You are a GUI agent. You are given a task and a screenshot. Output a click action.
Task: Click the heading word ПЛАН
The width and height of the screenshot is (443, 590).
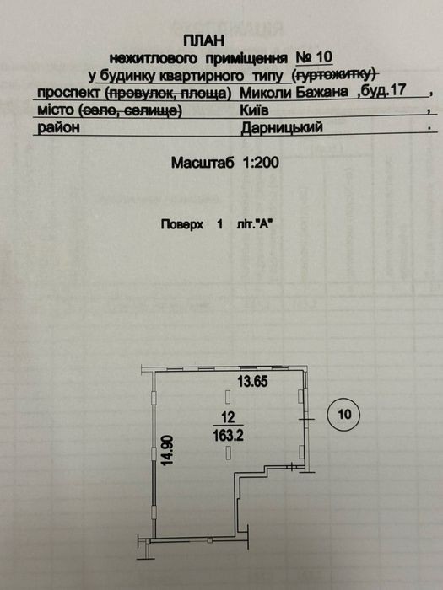[x=204, y=40]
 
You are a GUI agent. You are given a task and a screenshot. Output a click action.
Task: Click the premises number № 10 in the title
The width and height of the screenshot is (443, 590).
[x=314, y=57]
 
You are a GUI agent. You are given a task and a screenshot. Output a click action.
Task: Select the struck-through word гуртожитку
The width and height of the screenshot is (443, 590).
[x=335, y=74]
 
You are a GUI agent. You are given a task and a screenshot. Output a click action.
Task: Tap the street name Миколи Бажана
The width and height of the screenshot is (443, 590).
[x=294, y=92]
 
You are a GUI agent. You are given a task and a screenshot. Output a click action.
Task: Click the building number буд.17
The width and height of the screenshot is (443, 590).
[x=380, y=91]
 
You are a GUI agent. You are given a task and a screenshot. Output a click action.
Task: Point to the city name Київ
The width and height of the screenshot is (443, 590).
[x=254, y=110]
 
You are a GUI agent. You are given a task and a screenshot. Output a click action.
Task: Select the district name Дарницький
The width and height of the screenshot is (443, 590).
[x=282, y=128]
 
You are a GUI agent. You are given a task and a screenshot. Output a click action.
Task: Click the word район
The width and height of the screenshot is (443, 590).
[x=58, y=127]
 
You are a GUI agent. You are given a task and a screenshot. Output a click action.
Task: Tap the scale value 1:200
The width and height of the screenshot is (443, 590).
[x=261, y=163]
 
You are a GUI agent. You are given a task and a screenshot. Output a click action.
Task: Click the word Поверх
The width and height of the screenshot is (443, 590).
[x=182, y=225]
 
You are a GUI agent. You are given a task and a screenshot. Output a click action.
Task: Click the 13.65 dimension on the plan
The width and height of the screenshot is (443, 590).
[x=253, y=382]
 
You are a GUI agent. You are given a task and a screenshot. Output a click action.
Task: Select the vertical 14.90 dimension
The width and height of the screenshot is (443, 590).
[x=167, y=450]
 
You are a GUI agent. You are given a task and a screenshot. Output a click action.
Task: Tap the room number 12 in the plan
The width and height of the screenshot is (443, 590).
[x=229, y=417]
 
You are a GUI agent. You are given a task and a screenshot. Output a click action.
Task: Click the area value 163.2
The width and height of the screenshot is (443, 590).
[x=229, y=436]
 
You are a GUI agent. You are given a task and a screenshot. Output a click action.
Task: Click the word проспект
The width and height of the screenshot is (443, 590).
[x=69, y=93]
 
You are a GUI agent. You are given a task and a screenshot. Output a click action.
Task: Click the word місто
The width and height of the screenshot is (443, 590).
[x=55, y=110]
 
